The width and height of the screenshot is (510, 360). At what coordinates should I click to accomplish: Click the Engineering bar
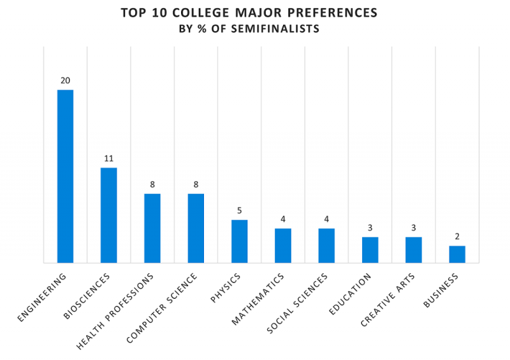pos(65,176)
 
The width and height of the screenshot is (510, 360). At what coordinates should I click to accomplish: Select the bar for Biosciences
pos(108,215)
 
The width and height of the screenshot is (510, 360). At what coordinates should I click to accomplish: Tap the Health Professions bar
pos(152,228)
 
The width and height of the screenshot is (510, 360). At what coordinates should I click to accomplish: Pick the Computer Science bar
pos(196,228)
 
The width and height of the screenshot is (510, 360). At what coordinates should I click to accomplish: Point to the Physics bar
pos(239,241)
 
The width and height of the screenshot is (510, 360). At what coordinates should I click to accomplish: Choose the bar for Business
pos(457,254)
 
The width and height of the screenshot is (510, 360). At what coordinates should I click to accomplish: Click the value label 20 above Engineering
pos(65,80)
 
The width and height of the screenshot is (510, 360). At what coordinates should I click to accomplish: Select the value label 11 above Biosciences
pos(108,158)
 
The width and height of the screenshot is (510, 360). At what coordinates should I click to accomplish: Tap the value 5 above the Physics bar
pos(239,210)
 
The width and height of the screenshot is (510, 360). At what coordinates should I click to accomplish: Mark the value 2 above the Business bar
pos(457,236)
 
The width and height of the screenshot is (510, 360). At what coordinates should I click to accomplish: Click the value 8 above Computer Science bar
pos(196,184)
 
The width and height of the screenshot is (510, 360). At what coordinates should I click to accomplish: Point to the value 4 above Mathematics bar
pos(283,219)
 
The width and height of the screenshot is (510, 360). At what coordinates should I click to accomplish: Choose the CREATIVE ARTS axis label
pos(388,299)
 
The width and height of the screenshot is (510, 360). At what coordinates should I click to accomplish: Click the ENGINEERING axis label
pos(42,297)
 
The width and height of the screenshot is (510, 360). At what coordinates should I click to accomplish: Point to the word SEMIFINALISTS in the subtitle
pos(284,29)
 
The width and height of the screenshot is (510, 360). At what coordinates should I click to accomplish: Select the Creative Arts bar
pos(414,250)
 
